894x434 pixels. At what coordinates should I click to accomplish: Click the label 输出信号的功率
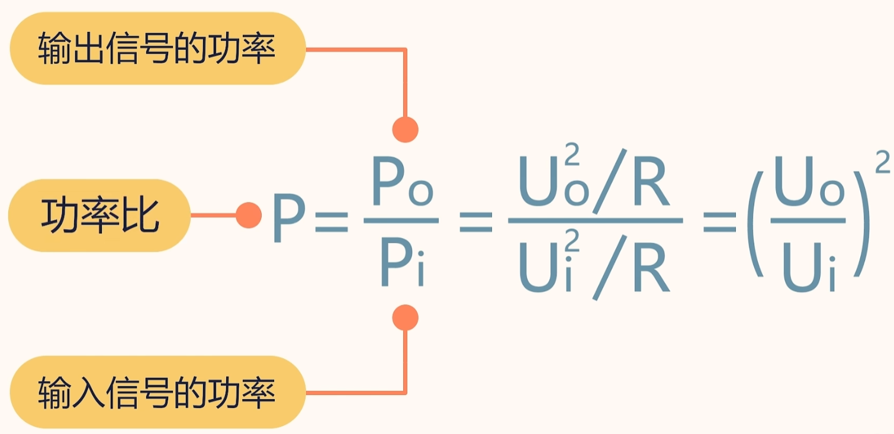coord(157,49)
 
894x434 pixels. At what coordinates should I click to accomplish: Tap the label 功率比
coord(99,216)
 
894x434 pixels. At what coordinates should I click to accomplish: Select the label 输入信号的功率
coord(157,393)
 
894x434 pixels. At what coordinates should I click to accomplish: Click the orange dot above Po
coord(406,129)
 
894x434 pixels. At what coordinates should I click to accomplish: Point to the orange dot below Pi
coord(406,318)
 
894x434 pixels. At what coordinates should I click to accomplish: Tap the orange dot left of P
coord(249,216)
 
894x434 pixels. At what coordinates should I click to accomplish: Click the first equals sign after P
coord(331,217)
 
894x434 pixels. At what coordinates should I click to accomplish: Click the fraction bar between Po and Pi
coord(401,220)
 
